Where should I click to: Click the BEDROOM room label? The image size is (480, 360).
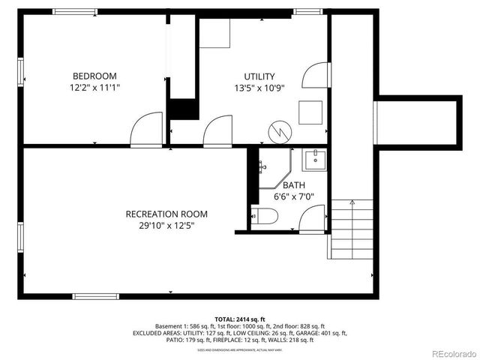(94, 76)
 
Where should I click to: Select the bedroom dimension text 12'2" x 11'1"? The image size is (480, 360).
(94, 88)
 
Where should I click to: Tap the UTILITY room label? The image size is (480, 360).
(259, 76)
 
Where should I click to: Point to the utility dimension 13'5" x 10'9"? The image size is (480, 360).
(259, 88)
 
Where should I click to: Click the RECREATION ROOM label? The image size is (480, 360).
(166, 214)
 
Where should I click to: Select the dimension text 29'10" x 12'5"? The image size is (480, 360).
(166, 225)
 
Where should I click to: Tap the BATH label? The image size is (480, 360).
(294, 185)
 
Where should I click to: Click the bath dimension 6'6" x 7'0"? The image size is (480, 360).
(294, 196)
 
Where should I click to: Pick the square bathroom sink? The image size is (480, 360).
(314, 159)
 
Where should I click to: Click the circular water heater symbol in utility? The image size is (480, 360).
(280, 132)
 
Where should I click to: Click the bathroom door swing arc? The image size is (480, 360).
(311, 217)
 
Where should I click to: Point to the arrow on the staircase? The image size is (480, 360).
(351, 202)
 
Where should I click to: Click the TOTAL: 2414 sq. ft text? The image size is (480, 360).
(240, 319)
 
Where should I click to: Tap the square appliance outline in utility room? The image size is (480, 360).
(310, 112)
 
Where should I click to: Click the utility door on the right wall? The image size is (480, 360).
(315, 77)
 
